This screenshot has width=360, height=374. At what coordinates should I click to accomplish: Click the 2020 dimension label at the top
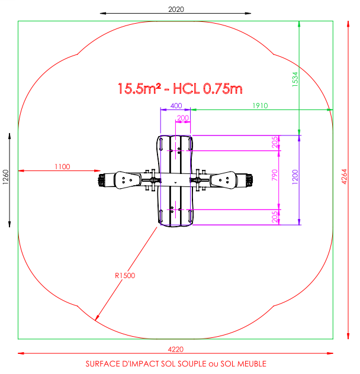[176, 9]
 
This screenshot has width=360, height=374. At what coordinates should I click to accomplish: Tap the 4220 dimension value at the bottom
[176, 349]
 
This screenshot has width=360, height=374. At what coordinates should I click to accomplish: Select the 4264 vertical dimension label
[344, 176]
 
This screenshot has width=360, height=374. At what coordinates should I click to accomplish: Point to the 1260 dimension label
[5, 177]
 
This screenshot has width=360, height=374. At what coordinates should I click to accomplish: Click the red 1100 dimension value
[62, 167]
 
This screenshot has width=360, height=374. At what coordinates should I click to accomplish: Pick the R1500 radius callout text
[125, 276]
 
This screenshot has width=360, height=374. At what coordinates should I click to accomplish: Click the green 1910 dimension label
[260, 106]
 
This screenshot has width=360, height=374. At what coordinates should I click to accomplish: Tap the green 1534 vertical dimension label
[295, 79]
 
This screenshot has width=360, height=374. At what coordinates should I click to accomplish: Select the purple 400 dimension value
[176, 106]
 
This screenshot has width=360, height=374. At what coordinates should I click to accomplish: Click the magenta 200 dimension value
[183, 118]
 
